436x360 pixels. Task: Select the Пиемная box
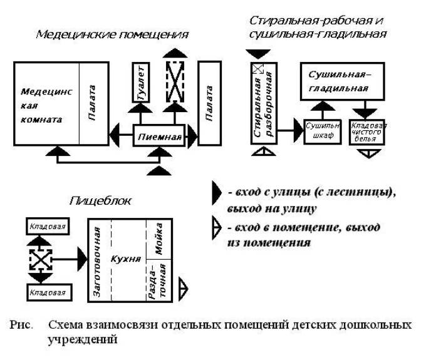tap(160, 136)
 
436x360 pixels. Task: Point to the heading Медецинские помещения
tap(112, 34)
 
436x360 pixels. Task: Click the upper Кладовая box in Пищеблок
tap(48, 225)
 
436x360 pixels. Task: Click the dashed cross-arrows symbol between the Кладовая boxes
tap(39, 257)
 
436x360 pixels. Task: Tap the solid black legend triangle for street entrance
tap(216, 195)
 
